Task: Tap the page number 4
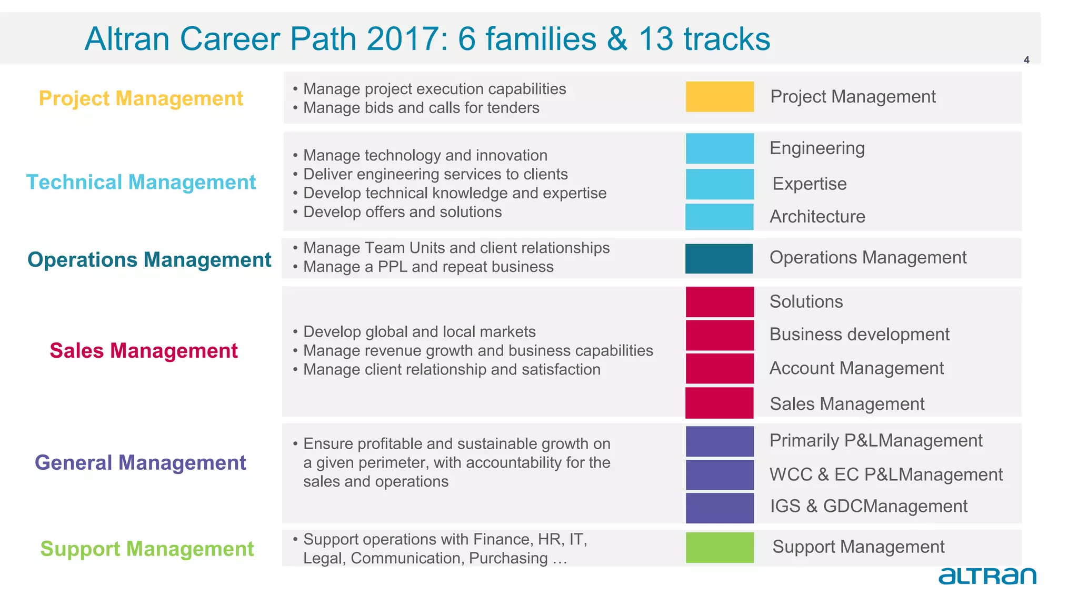(1026, 60)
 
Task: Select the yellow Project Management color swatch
(719, 97)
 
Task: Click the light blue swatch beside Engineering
(719, 148)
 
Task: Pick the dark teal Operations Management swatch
(718, 258)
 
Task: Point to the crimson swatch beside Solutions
(719, 302)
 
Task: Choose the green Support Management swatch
(719, 547)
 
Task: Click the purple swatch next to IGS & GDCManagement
(719, 508)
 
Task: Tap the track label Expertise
(809, 184)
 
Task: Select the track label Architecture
(817, 216)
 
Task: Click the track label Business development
(859, 334)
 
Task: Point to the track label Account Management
(856, 368)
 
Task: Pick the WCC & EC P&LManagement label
(886, 474)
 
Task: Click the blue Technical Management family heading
(141, 182)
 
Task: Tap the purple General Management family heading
(140, 462)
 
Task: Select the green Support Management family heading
(147, 549)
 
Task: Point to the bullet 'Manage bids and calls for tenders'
(421, 108)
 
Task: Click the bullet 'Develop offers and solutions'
(402, 212)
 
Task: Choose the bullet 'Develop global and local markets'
(419, 332)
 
